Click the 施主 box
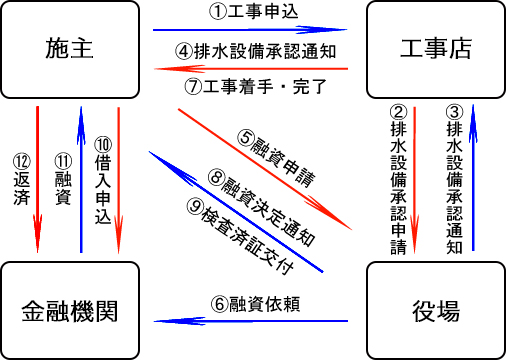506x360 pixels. click(x=70, y=49)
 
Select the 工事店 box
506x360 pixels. click(x=436, y=49)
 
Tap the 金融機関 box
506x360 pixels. click(x=70, y=311)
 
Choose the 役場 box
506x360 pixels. click(x=436, y=311)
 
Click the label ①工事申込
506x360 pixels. click(x=253, y=12)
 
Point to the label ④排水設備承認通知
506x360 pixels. click(x=255, y=51)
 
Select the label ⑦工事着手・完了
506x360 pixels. click(x=255, y=86)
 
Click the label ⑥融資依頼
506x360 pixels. click(x=255, y=304)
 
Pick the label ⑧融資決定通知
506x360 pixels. click(x=262, y=208)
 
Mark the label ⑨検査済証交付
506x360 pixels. click(x=240, y=236)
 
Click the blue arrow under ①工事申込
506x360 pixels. click(x=250, y=30)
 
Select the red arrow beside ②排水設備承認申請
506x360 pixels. click(x=414, y=180)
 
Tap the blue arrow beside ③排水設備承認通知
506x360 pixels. click(x=473, y=178)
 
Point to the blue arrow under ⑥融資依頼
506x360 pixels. click(x=251, y=321)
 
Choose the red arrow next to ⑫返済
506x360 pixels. click(x=37, y=179)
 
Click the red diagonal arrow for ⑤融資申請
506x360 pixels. click(x=265, y=169)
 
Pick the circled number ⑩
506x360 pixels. click(x=103, y=145)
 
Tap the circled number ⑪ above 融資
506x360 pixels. click(x=63, y=161)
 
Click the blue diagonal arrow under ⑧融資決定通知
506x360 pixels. click(x=236, y=212)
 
